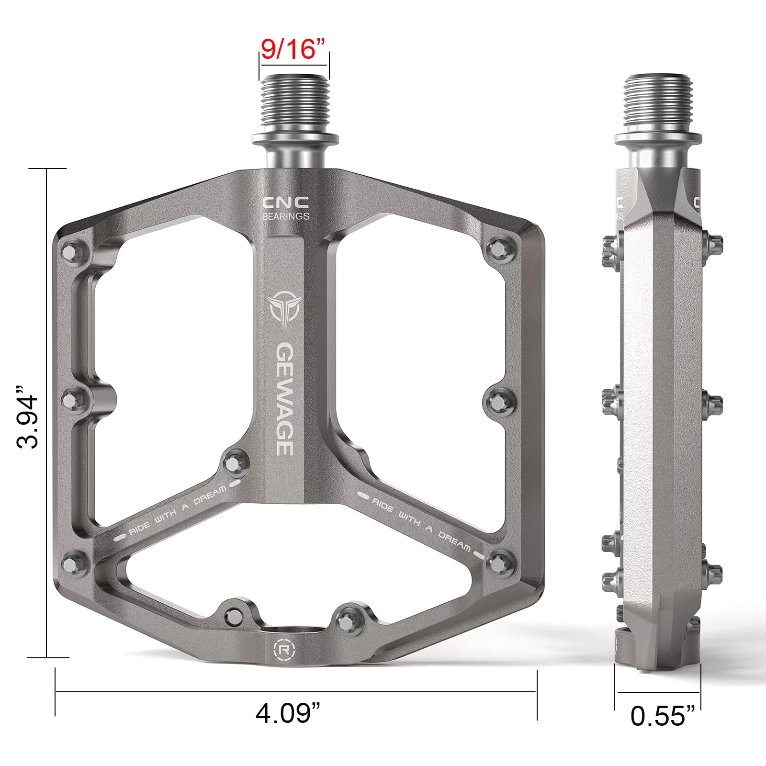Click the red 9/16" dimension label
click(293, 49)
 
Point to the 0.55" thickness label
click(663, 716)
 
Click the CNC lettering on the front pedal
click(285, 203)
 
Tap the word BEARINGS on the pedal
click(286, 216)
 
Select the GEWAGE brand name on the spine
click(285, 398)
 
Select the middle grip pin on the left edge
click(74, 398)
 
